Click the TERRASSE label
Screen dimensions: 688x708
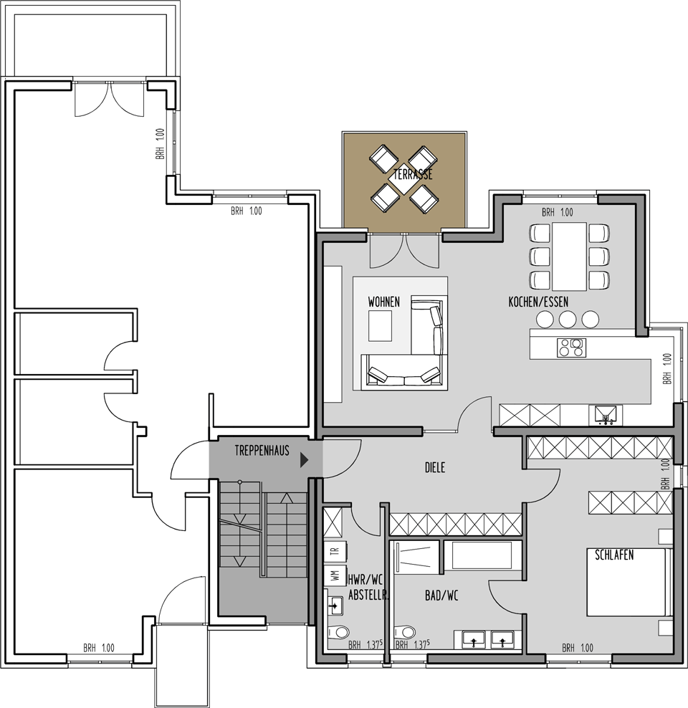(413, 174)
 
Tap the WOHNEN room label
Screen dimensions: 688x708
(383, 302)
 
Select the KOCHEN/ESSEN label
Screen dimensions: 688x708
(538, 302)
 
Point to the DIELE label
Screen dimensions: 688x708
(435, 467)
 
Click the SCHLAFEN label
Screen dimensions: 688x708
(614, 555)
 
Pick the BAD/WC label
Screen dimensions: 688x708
(441, 595)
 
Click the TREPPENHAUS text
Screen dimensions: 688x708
(262, 450)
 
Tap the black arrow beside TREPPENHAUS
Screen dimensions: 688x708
(305, 460)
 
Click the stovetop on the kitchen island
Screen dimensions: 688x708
(571, 348)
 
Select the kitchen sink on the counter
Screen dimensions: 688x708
(606, 415)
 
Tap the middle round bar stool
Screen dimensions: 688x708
(568, 320)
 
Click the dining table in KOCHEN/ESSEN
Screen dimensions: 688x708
(569, 257)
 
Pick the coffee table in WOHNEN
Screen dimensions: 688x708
(380, 326)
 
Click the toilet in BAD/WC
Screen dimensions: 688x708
(404, 631)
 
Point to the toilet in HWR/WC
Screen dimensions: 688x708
(338, 631)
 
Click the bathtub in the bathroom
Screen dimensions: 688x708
(482, 555)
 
